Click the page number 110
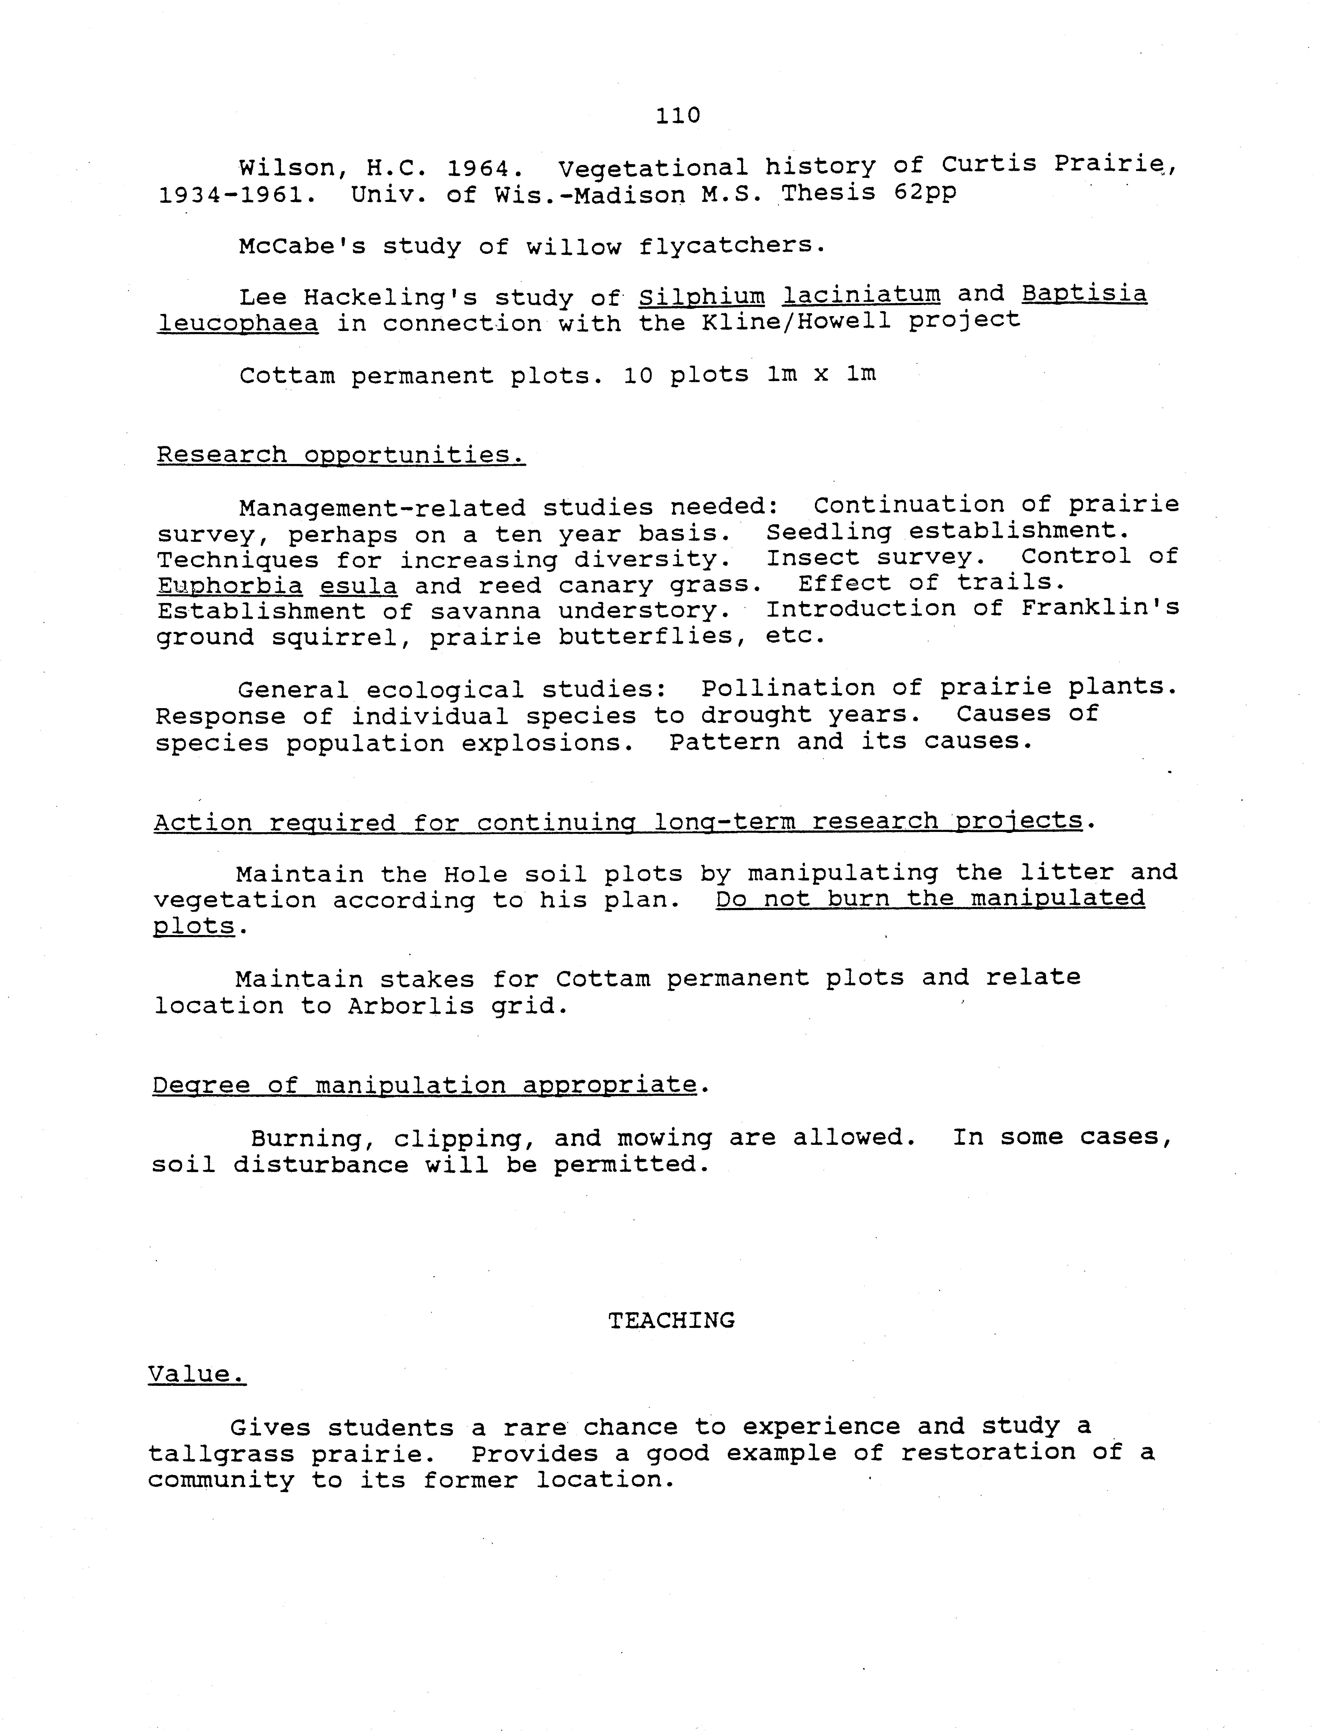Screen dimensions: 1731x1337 click(678, 116)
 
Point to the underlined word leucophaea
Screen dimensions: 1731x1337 click(238, 323)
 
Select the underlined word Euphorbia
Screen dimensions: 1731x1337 click(230, 586)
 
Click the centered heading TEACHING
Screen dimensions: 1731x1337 click(671, 1320)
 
